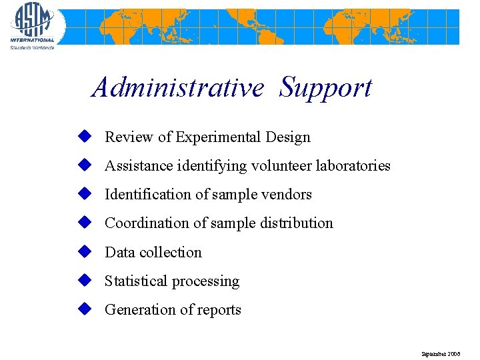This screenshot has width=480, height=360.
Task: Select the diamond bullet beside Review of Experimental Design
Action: pos(83,136)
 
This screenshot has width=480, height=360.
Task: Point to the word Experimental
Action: pos(218,137)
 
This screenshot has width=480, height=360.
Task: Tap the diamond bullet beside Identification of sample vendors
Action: pos(83,193)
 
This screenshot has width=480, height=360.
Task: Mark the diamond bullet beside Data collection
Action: pos(83,251)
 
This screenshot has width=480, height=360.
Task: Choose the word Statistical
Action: pos(137,281)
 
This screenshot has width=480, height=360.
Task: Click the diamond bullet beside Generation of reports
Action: pos(83,309)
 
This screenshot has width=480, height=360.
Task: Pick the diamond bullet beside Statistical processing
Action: pos(83,280)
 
